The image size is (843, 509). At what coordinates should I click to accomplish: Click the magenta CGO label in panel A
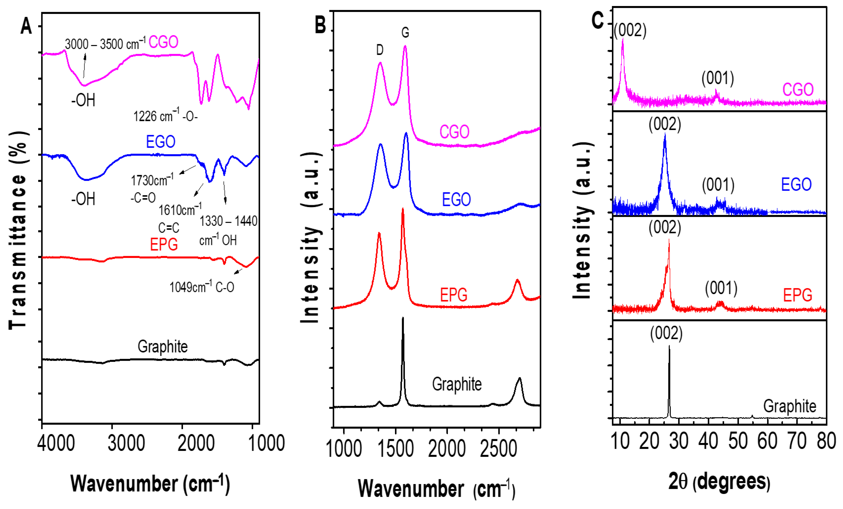[163, 42]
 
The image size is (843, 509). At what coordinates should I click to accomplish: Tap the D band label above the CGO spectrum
[380, 50]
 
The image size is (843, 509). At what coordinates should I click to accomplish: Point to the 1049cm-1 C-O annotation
[202, 287]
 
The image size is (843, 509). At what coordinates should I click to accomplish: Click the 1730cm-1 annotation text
[152, 180]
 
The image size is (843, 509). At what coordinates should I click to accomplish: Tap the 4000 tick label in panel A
[56, 443]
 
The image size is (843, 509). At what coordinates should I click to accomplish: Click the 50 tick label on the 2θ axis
[738, 441]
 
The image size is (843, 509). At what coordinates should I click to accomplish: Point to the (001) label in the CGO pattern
[717, 78]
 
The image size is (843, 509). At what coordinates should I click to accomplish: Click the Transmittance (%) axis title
[18, 230]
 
